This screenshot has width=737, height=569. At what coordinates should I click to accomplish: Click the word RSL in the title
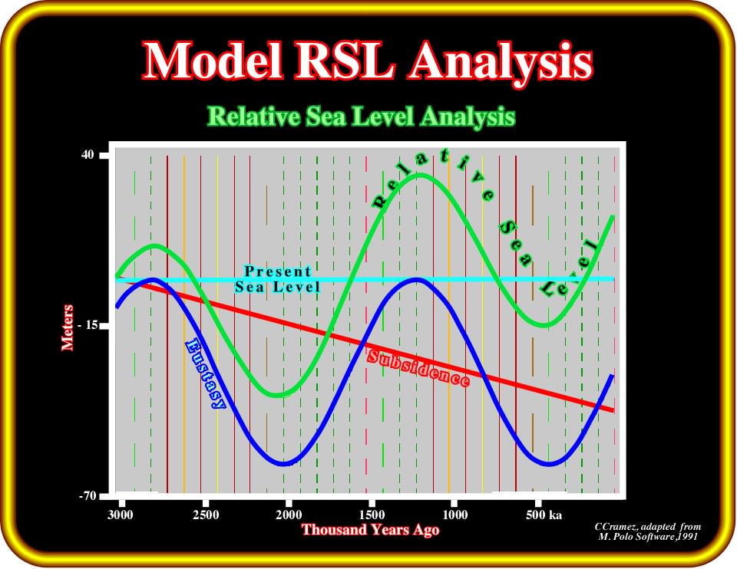(345, 61)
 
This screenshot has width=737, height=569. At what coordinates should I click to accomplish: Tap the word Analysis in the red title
(500, 63)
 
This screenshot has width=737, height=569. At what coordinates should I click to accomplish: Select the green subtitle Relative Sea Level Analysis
(361, 116)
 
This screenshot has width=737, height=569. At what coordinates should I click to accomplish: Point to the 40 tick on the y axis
(88, 154)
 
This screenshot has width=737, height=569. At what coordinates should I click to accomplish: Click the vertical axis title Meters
(68, 327)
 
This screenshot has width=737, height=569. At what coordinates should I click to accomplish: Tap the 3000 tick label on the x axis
(121, 515)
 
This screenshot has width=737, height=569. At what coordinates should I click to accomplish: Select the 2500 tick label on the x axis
(206, 515)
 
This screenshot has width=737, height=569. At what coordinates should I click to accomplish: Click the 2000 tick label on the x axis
(289, 515)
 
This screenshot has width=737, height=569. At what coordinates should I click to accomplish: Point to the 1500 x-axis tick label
(372, 515)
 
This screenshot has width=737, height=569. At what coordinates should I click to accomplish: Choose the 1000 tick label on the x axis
(455, 515)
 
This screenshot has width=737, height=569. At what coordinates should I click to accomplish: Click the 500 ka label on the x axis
(544, 515)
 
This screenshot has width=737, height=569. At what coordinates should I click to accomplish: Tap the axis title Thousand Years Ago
(370, 530)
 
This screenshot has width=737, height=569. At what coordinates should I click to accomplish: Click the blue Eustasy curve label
(206, 374)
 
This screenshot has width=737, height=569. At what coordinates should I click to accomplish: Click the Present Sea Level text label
(278, 279)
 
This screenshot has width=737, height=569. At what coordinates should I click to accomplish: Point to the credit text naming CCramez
(648, 531)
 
